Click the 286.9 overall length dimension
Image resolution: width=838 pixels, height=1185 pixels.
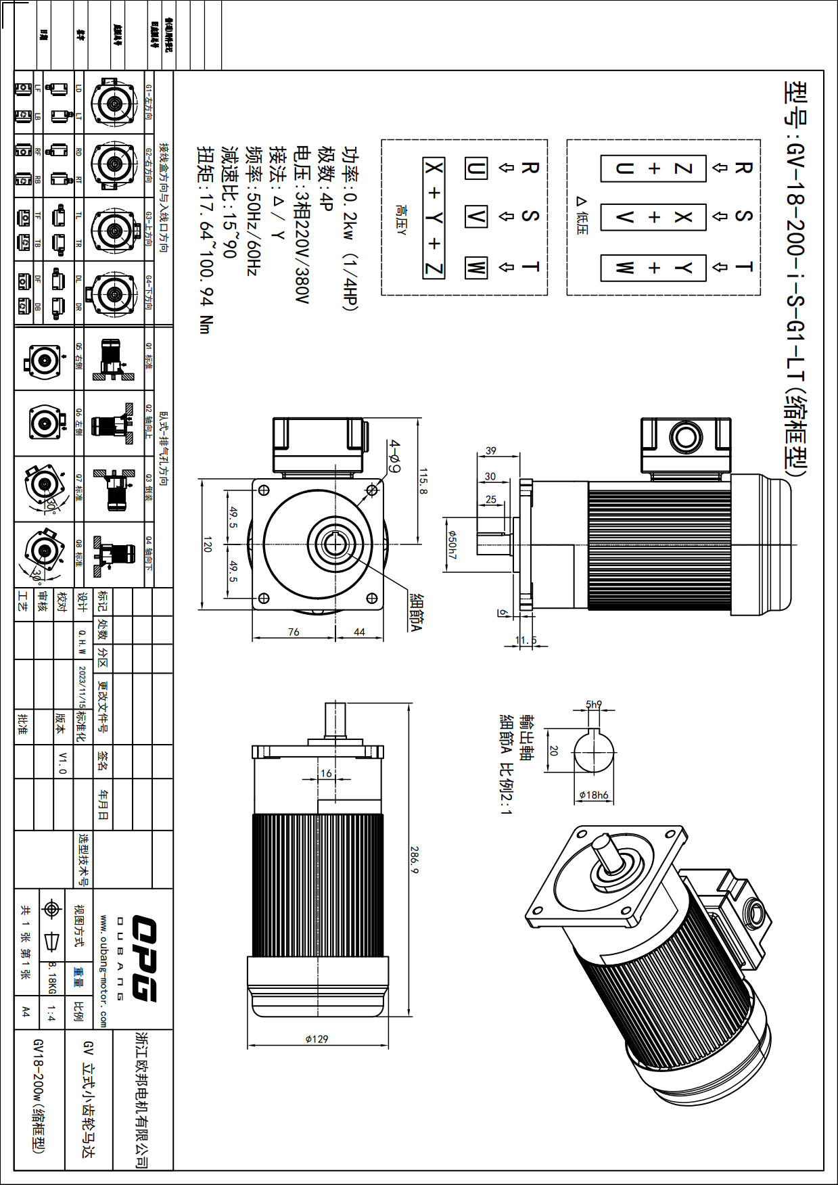[414, 859]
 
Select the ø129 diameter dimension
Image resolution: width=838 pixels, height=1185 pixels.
[317, 1039]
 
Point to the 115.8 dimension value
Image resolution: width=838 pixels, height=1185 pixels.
[423, 481]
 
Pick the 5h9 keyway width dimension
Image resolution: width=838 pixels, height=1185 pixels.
[593, 704]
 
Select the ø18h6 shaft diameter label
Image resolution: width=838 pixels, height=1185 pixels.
[594, 795]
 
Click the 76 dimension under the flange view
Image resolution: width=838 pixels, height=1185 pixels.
[294, 632]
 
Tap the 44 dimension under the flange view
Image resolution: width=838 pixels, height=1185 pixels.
[359, 632]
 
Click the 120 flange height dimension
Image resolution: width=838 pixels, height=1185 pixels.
[208, 544]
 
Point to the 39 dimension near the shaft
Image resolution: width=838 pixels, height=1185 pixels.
[491, 450]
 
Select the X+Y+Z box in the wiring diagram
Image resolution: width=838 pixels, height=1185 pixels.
[434, 218]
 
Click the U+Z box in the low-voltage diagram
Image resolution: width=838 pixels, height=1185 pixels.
[653, 168]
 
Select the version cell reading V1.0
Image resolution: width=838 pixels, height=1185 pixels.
[62, 762]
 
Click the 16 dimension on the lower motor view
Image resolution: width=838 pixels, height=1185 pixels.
[326, 773]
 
